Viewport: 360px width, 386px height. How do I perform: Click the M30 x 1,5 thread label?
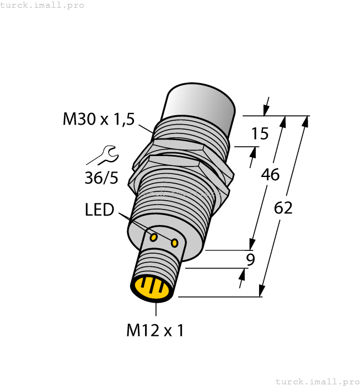[x=98, y=119]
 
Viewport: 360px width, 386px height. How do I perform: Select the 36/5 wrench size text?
[x=101, y=178]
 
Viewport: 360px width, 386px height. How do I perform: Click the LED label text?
[x=99, y=210]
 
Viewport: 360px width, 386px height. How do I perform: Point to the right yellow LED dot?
[x=175, y=243]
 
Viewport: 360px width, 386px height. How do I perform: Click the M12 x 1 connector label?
[x=155, y=330]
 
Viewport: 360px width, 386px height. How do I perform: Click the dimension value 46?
[x=270, y=175]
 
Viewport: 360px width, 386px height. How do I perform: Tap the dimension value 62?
[x=283, y=208]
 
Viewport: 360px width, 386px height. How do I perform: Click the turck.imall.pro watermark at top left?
[x=42, y=5]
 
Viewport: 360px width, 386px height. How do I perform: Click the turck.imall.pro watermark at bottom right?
[x=316, y=381]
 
